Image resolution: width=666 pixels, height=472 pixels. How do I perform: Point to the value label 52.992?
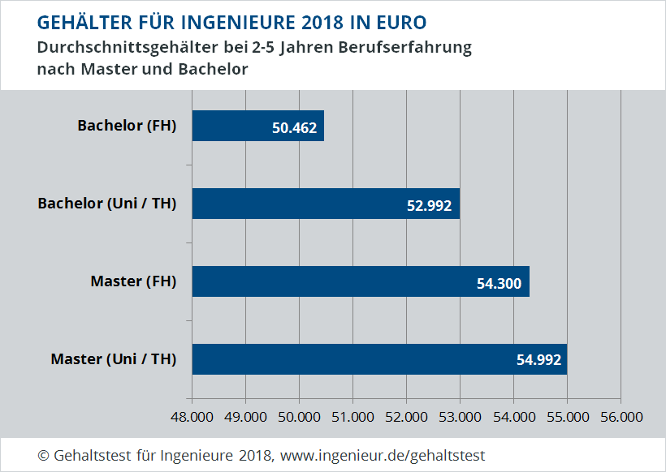429,204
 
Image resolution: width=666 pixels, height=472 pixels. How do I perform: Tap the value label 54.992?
538,360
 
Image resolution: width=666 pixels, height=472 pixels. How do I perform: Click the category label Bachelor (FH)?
127,126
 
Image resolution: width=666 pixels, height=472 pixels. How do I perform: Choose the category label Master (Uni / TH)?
114,358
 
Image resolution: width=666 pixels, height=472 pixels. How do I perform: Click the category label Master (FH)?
133,281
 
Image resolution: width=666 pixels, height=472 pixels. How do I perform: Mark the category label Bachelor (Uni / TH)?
107,204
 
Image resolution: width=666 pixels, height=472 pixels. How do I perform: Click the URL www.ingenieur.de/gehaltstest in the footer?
383,455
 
